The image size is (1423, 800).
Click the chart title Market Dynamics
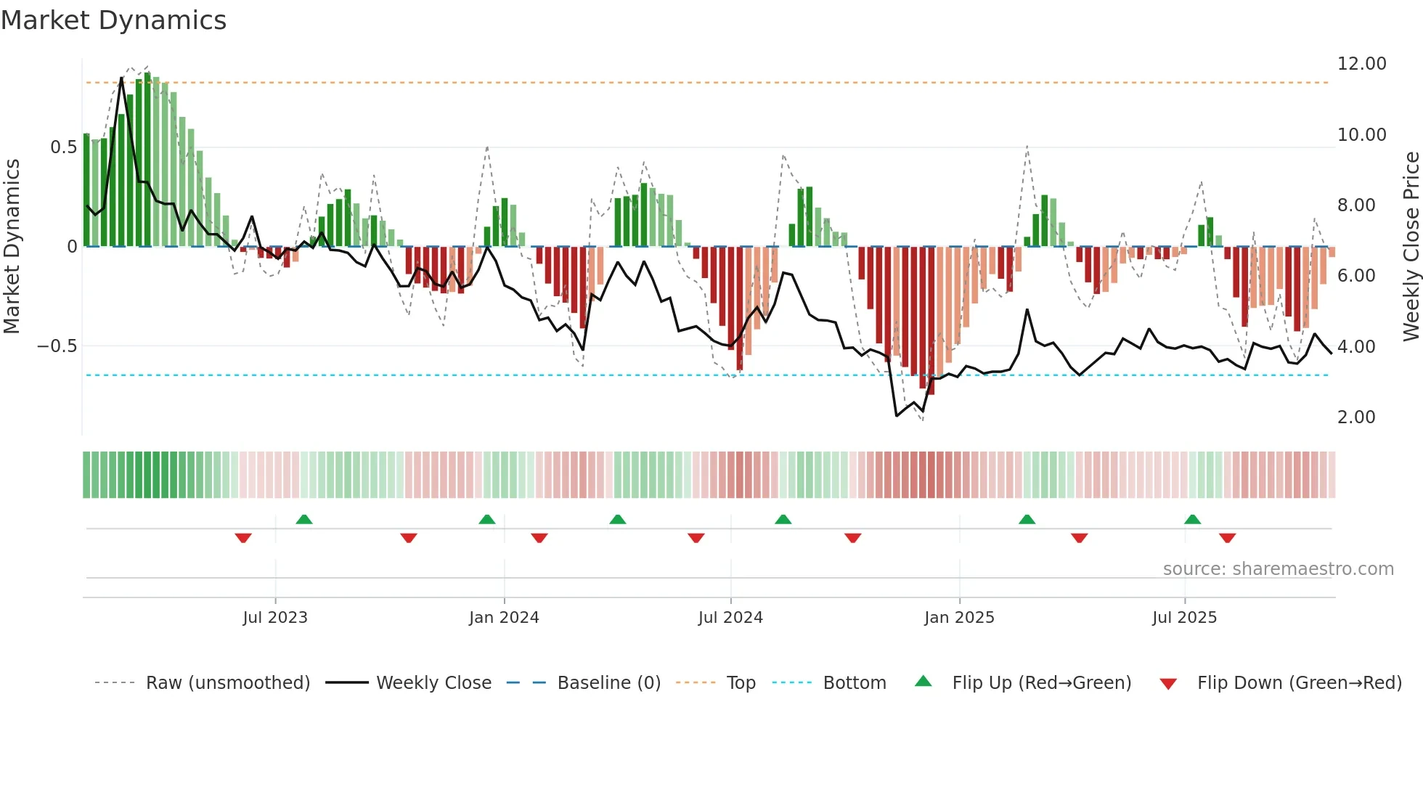point(113,20)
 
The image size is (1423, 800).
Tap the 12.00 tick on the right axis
point(1361,64)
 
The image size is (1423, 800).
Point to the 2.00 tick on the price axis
point(1355,417)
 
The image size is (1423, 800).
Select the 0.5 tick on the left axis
point(63,147)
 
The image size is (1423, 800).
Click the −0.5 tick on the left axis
point(57,346)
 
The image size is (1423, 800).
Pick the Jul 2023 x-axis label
point(275,618)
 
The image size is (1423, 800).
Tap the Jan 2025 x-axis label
point(959,618)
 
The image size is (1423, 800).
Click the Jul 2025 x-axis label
point(1184,618)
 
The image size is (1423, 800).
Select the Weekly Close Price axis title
point(1411,246)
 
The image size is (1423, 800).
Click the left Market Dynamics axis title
point(12,246)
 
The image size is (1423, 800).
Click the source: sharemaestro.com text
point(1278,569)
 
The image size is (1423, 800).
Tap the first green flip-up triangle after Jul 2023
point(304,520)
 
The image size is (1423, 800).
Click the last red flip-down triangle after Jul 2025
point(1227,538)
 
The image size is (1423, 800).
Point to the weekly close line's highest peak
point(121,78)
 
